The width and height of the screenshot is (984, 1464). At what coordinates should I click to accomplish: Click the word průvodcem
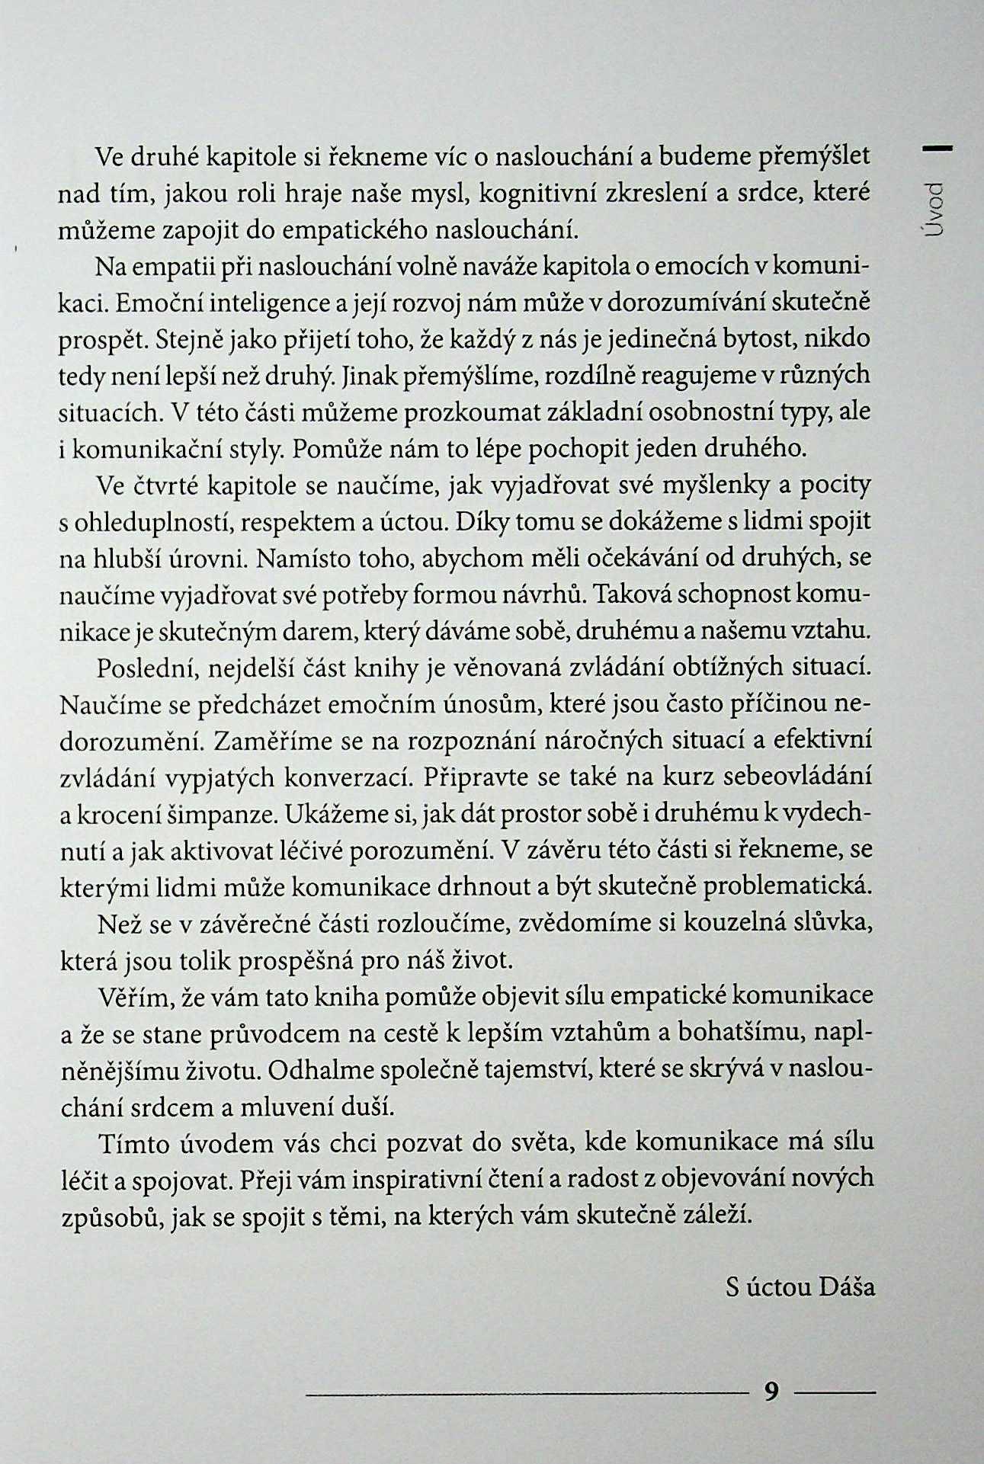point(285,1033)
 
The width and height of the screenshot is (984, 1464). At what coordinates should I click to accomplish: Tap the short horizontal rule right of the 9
point(835,1393)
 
